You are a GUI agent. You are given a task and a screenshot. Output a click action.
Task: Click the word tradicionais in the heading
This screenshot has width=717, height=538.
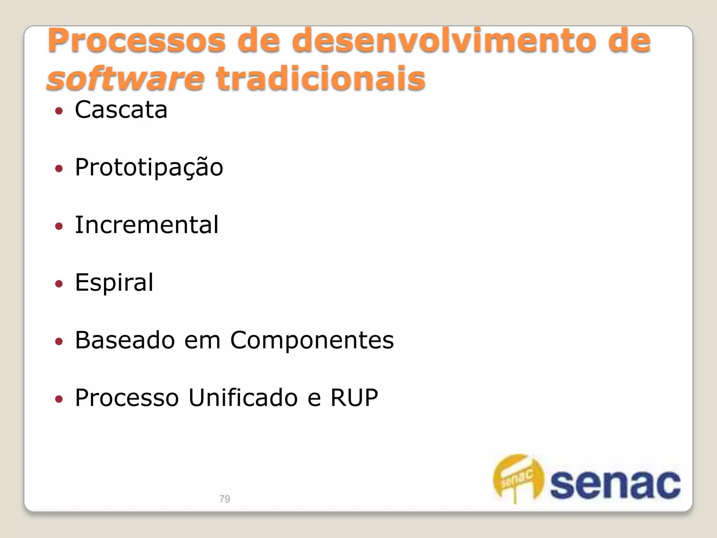(x=321, y=78)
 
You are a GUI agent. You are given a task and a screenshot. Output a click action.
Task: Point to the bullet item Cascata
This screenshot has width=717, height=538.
(x=121, y=110)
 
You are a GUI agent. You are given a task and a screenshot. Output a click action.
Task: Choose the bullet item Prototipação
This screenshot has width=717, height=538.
(x=149, y=167)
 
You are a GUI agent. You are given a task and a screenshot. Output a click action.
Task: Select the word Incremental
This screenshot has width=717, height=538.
(x=147, y=225)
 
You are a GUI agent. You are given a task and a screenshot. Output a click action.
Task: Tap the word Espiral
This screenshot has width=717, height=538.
(x=114, y=282)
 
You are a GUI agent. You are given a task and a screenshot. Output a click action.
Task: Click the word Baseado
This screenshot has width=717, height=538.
(x=125, y=340)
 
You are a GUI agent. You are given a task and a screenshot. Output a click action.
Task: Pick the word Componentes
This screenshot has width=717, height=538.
(x=312, y=340)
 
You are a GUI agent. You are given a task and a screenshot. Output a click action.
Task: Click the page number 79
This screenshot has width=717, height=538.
(x=225, y=499)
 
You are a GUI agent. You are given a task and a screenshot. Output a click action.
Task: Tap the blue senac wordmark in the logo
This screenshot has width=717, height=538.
(x=615, y=484)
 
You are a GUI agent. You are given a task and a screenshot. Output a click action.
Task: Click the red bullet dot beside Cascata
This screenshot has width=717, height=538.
(x=59, y=111)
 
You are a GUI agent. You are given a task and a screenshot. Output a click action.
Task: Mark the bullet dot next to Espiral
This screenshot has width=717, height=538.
(x=59, y=284)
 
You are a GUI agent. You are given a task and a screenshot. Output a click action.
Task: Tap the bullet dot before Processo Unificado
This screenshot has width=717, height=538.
(x=59, y=399)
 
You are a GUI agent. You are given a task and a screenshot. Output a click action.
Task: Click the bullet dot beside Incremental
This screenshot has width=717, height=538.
(x=59, y=226)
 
